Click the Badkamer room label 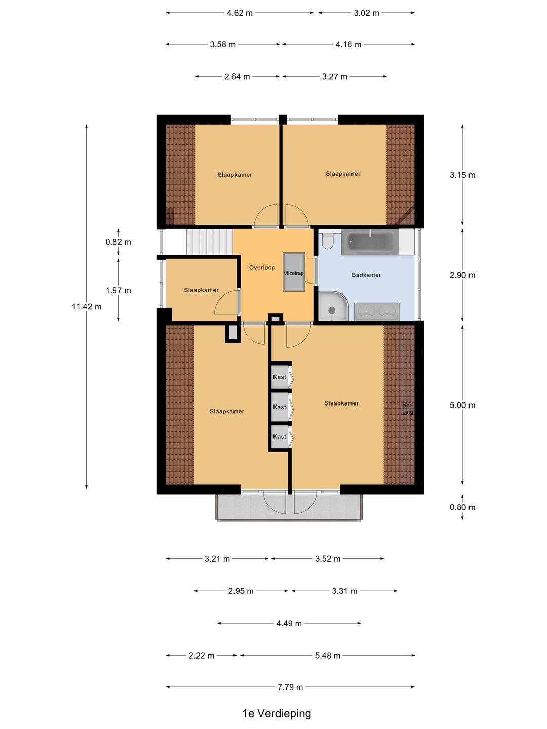click(366, 275)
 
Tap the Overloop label click(262, 267)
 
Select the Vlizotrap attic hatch click(294, 272)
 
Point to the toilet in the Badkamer click(328, 241)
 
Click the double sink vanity click(377, 312)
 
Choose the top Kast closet click(280, 377)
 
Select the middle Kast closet click(280, 407)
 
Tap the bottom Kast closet click(280, 437)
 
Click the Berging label click(408, 408)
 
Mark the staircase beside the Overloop click(209, 242)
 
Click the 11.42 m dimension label click(86, 307)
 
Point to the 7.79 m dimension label click(290, 687)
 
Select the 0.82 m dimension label click(118, 242)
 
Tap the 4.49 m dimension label click(289, 623)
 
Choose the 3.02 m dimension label click(366, 13)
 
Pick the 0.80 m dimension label click(462, 507)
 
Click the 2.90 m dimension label click(462, 275)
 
